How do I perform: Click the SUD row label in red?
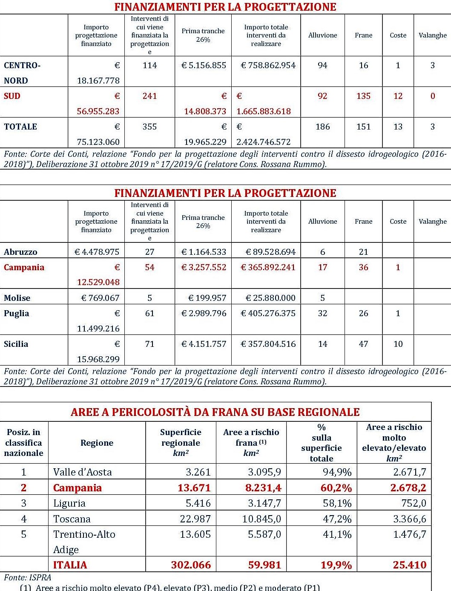12,96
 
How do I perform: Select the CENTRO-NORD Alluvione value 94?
322,65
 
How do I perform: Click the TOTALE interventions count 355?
149,127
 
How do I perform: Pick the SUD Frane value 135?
363,96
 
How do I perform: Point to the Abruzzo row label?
20,252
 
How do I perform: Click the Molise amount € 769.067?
100,298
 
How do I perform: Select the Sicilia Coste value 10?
398,344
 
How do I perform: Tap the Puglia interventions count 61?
149,313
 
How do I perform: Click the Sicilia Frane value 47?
363,344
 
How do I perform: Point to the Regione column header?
97,443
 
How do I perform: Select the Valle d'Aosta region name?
82,472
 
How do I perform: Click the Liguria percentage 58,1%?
337,503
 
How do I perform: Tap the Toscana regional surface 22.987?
195,519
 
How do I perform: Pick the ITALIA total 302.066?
191,565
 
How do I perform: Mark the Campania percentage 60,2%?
336,488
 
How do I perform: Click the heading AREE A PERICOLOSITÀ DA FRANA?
215,412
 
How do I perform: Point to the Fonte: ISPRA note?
27,577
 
